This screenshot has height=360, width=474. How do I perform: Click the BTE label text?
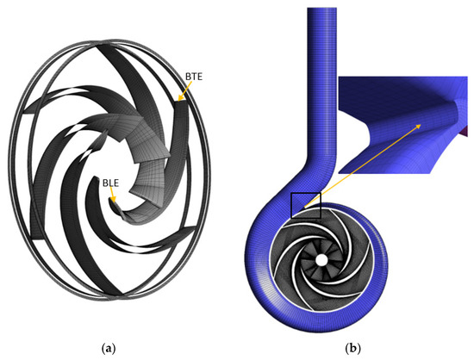pyautogui.click(x=193, y=77)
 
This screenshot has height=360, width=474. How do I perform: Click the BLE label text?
pyautogui.click(x=110, y=183)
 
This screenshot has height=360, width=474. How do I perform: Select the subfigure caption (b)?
pyautogui.click(x=352, y=349)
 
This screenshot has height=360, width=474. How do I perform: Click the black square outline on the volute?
pyautogui.click(x=306, y=205)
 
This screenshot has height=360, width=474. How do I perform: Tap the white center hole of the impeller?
pyautogui.click(x=321, y=259)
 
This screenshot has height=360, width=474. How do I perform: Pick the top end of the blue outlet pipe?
pyautogui.click(x=322, y=9)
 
